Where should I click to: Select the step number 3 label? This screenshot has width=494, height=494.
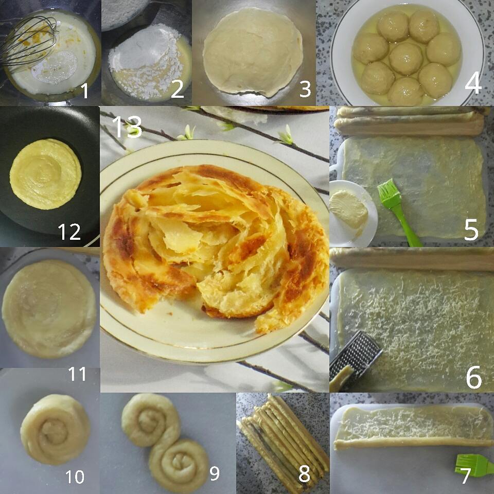pyautogui.click(x=305, y=89)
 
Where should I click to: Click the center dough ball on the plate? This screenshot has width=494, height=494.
pyautogui.click(x=405, y=58)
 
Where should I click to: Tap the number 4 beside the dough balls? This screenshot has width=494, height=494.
pyautogui.click(x=473, y=82)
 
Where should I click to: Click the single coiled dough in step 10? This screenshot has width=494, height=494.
pyautogui.click(x=55, y=429)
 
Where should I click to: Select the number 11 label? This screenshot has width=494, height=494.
pyautogui.click(x=77, y=374)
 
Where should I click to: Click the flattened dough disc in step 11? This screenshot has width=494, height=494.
pyautogui.click(x=49, y=309)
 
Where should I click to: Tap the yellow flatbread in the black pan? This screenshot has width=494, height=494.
pyautogui.click(x=45, y=174)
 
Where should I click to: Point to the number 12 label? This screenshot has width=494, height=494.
pyautogui.click(x=69, y=232)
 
